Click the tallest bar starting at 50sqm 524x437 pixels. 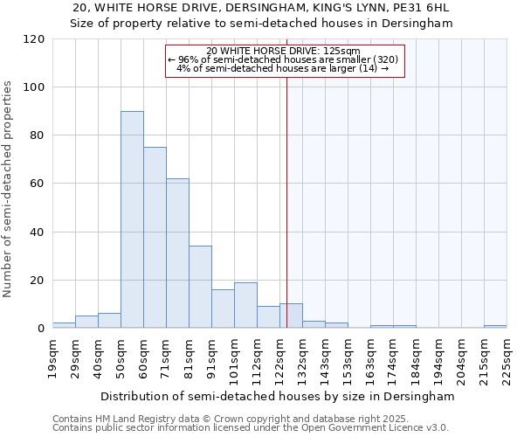[x=132, y=219]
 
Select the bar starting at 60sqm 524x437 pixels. [x=155, y=238]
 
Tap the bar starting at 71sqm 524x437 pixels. [x=177, y=253]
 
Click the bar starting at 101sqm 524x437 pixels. [x=245, y=305]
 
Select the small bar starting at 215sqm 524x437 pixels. [x=495, y=326]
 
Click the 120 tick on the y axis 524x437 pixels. [x=34, y=39]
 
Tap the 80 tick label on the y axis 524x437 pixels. [x=38, y=135]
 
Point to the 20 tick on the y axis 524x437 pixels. [x=38, y=281]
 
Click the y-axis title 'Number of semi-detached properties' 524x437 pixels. [x=9, y=189]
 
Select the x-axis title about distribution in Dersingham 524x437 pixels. [x=278, y=396]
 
